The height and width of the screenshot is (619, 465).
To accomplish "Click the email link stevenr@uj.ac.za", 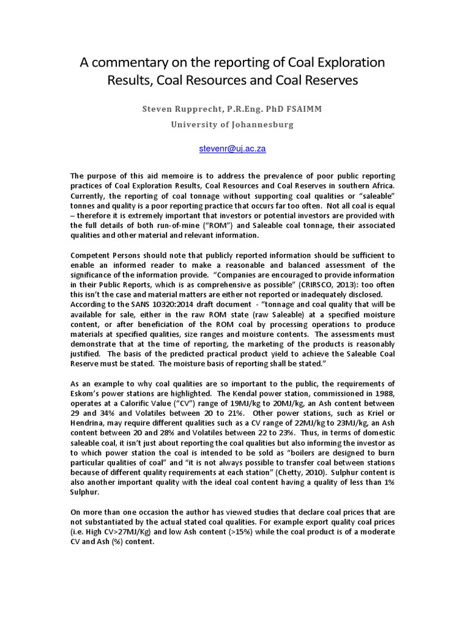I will coord(232,148).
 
